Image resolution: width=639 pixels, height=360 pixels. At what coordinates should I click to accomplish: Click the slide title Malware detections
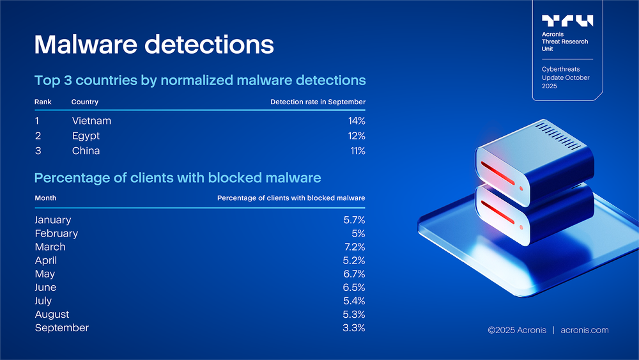(154, 44)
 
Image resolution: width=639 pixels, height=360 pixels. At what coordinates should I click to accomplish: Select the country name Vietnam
(91, 121)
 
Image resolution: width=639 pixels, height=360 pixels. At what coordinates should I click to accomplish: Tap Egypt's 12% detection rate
(357, 136)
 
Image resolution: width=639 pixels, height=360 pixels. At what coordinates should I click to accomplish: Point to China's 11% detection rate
(358, 151)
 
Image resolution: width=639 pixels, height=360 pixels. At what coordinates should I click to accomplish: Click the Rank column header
(43, 102)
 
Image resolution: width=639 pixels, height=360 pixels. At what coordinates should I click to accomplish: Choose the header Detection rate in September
(318, 102)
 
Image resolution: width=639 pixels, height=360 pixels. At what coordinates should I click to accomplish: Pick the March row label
(50, 247)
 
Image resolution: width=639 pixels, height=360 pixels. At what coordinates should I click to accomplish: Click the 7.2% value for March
(355, 247)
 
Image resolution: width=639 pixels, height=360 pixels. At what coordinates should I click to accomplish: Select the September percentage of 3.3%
(354, 328)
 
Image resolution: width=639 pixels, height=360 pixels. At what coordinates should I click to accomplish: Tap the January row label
(53, 220)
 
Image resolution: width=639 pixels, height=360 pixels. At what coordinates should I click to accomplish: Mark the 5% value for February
(358, 233)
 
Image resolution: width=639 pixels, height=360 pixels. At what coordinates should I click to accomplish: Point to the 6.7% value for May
(354, 274)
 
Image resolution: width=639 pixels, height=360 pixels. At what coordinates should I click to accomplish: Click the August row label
(52, 315)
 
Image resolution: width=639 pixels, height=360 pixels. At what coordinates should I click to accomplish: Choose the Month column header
(45, 198)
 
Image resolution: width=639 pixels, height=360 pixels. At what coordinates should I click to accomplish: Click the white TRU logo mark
(567, 20)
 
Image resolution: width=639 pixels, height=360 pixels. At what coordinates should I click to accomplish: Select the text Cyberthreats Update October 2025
(566, 77)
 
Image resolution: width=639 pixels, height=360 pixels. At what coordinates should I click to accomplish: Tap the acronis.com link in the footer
(585, 330)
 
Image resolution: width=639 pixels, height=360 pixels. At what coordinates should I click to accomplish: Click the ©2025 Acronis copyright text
(517, 330)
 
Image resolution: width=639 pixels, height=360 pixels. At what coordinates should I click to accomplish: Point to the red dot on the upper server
(521, 189)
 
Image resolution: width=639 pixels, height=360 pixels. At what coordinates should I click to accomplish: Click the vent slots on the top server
(558, 136)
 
